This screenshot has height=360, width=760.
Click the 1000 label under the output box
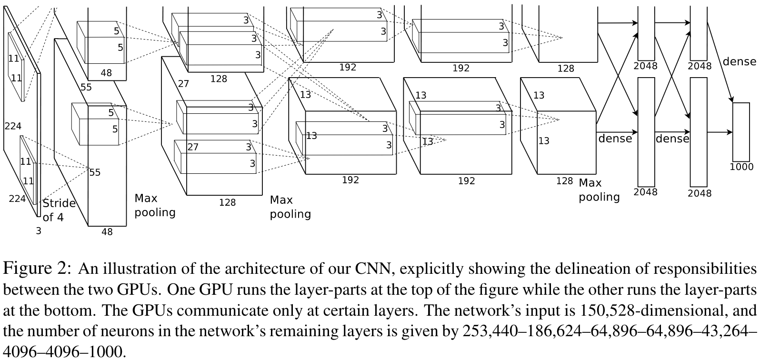[x=741, y=167]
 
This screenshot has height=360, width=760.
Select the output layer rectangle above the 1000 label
[x=741, y=132]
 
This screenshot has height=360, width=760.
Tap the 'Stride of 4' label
[x=59, y=210]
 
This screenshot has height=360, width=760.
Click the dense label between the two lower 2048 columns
[x=672, y=139]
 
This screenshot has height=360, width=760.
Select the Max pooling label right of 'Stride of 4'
[x=155, y=205]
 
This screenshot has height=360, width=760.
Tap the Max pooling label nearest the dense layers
[x=599, y=190]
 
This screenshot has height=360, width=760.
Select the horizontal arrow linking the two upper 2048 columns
[x=673, y=22]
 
